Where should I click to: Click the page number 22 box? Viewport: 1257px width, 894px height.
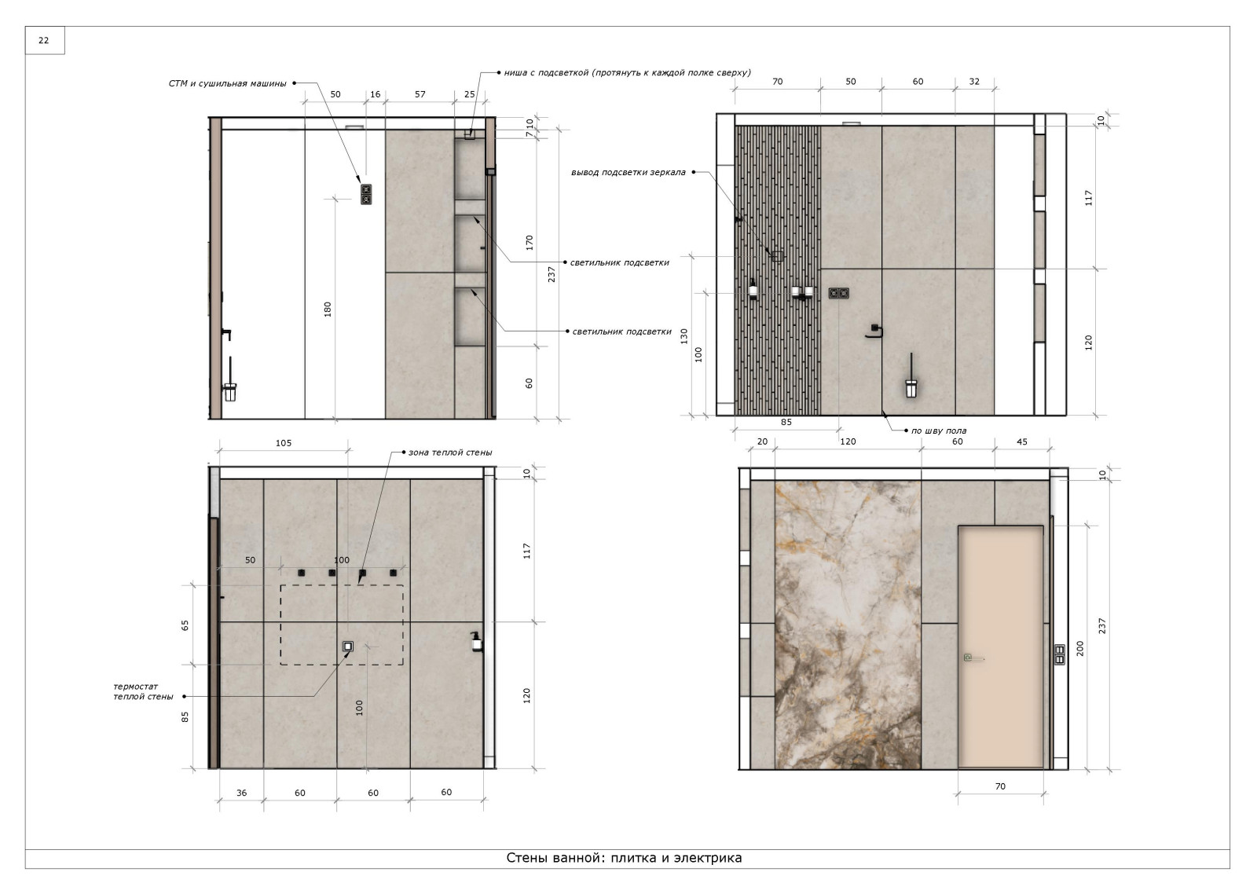(44, 40)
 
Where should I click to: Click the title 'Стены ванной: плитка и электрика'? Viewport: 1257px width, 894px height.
(624, 858)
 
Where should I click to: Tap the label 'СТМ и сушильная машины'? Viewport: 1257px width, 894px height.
(227, 83)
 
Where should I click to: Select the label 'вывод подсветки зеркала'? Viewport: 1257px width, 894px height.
(628, 172)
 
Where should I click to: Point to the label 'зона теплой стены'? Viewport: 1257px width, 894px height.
(450, 452)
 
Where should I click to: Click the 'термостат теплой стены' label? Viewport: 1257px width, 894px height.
(143, 691)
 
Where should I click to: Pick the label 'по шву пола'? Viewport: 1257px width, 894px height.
(938, 431)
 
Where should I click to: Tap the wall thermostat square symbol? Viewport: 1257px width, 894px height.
(348, 647)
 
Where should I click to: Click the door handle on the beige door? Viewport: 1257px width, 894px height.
(973, 658)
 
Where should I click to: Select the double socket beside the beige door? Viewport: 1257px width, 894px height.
(1060, 655)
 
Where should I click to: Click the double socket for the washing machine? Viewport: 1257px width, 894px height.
(366, 194)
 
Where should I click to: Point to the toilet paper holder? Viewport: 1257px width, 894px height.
(874, 332)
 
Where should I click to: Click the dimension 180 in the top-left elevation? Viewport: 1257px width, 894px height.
(328, 310)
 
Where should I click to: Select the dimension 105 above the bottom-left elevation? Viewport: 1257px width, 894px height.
(284, 443)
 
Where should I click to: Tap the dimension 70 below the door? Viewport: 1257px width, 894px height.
(1000, 787)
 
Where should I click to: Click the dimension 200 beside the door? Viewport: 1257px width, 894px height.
(1080, 649)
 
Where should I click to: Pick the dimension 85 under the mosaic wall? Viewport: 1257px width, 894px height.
(786, 422)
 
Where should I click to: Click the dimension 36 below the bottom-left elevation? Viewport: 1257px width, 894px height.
(241, 793)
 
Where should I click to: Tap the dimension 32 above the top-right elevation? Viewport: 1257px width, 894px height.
(974, 82)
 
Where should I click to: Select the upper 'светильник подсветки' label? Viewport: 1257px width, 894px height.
(620, 262)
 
